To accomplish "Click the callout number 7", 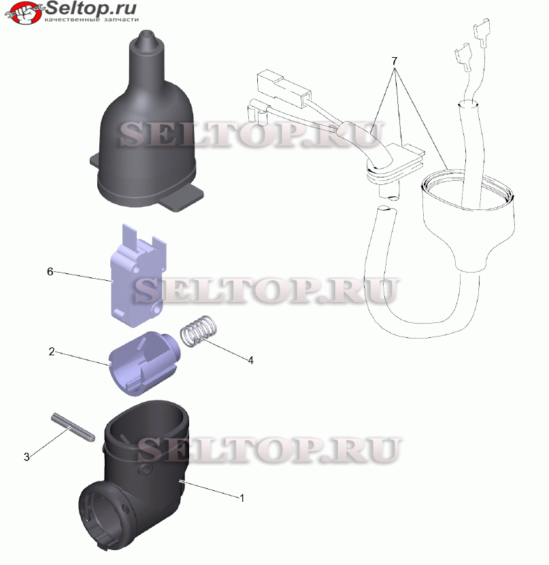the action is click(395, 61).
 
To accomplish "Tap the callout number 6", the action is click(50, 271).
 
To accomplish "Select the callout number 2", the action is click(52, 352).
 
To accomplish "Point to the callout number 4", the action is click(250, 360).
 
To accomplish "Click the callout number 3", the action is click(27, 457).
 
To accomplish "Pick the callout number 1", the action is click(242, 498).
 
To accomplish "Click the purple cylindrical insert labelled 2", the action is click(144, 363).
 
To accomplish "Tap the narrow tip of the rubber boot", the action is click(146, 35).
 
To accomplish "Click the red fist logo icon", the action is click(23, 12).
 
